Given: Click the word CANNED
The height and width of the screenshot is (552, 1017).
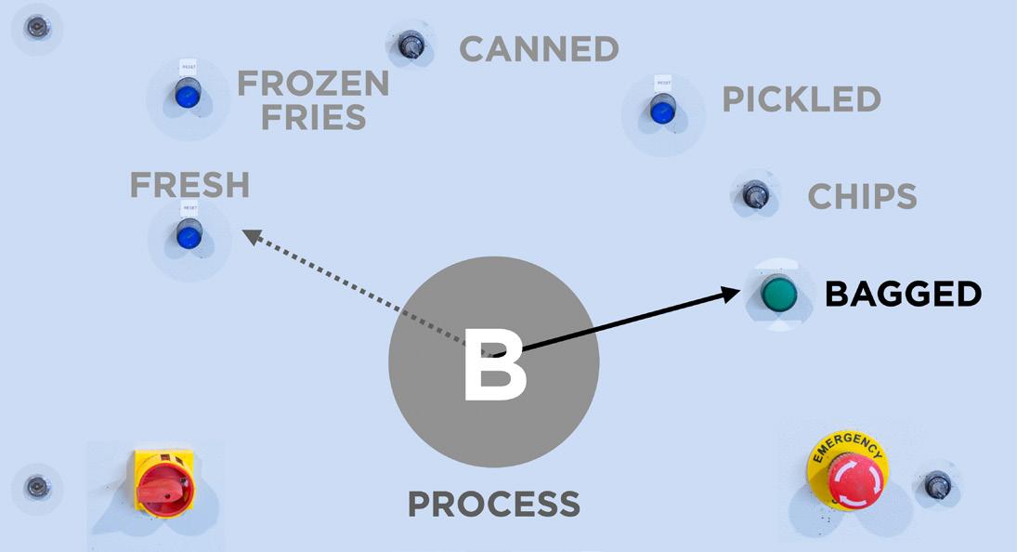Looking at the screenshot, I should (x=540, y=48).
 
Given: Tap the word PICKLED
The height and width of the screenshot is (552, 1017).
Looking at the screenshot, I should (x=801, y=99).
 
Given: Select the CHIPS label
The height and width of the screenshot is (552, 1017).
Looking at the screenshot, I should (x=862, y=196).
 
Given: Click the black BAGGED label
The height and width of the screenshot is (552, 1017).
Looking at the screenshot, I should (x=903, y=295).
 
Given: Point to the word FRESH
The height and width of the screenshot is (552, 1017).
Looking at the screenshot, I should (x=189, y=185).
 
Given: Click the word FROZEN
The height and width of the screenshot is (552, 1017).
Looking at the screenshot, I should (x=313, y=84).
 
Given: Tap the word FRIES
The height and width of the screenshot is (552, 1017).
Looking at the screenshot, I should (x=313, y=118).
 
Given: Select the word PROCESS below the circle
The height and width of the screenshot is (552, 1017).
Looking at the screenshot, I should (x=493, y=505).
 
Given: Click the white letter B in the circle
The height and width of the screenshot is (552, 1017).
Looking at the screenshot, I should (x=494, y=365).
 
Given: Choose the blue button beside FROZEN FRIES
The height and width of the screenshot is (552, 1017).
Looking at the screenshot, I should (x=188, y=94).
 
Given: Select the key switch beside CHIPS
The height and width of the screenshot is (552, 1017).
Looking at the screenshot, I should (x=753, y=194).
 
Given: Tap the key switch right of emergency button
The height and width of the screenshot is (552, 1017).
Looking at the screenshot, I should (x=936, y=484).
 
